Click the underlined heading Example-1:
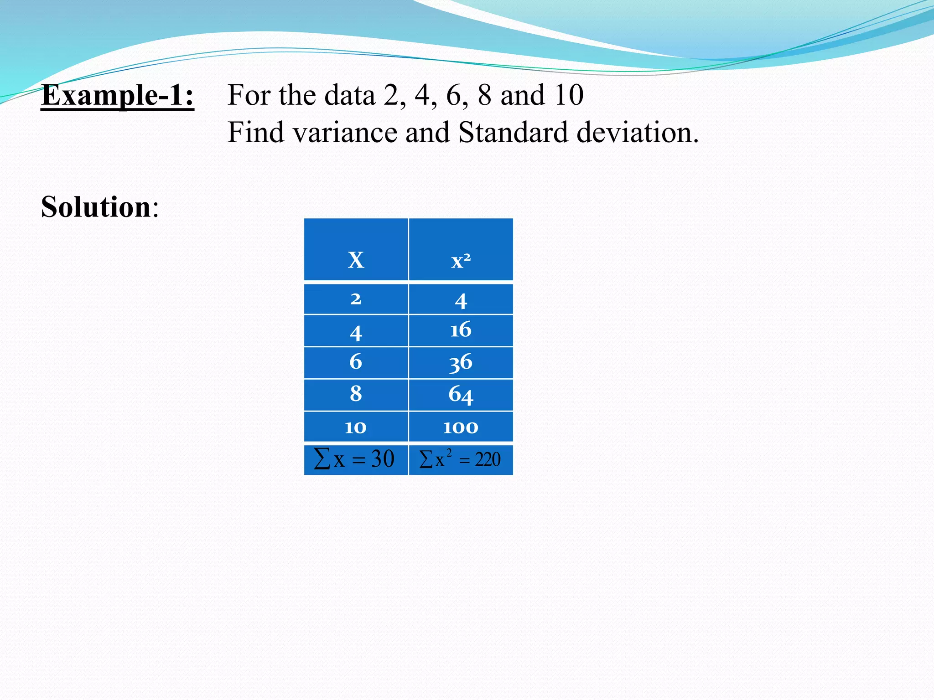coord(118,95)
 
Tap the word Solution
coord(96,207)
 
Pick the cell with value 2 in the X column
coord(356,299)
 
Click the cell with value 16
coord(461,330)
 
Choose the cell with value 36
coord(461,363)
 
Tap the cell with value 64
coord(461,395)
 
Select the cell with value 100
coord(461,427)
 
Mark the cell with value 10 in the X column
coord(356,427)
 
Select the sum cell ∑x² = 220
coord(460,459)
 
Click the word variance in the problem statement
coord(345,133)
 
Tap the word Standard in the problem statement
coord(513,133)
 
